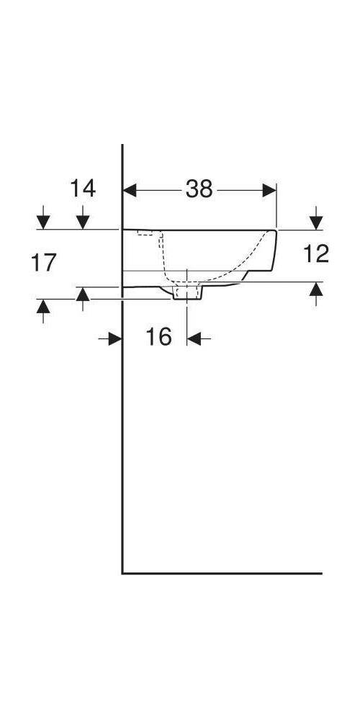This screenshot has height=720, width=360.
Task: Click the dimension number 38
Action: pyautogui.click(x=199, y=189)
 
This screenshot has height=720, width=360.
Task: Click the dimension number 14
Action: pyautogui.click(x=82, y=189)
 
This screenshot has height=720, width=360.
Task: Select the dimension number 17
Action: pyautogui.click(x=44, y=263)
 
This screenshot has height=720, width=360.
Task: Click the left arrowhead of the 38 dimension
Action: pyautogui.click(x=130, y=190)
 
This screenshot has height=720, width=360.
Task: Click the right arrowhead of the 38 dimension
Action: pyautogui.click(x=269, y=190)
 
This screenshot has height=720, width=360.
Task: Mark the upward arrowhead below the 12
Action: pyautogui.click(x=315, y=289)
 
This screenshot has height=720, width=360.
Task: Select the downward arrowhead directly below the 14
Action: pyautogui.click(x=83, y=220)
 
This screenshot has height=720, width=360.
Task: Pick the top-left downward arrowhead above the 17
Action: pyautogui.click(x=44, y=220)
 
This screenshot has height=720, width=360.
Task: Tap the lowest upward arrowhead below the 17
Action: pyautogui.click(x=44, y=307)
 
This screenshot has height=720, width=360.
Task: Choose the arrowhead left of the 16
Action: pyautogui.click(x=114, y=337)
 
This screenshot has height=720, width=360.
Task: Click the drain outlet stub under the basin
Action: pyautogui.click(x=188, y=292)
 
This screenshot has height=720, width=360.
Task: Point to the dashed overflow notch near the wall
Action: pyautogui.click(x=147, y=234)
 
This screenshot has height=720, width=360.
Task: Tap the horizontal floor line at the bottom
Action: pyautogui.click(x=223, y=573)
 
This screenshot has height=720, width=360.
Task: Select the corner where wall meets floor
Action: pyautogui.click(x=122, y=573)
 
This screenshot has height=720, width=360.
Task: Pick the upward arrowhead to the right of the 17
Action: pyautogui.click(x=83, y=294)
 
